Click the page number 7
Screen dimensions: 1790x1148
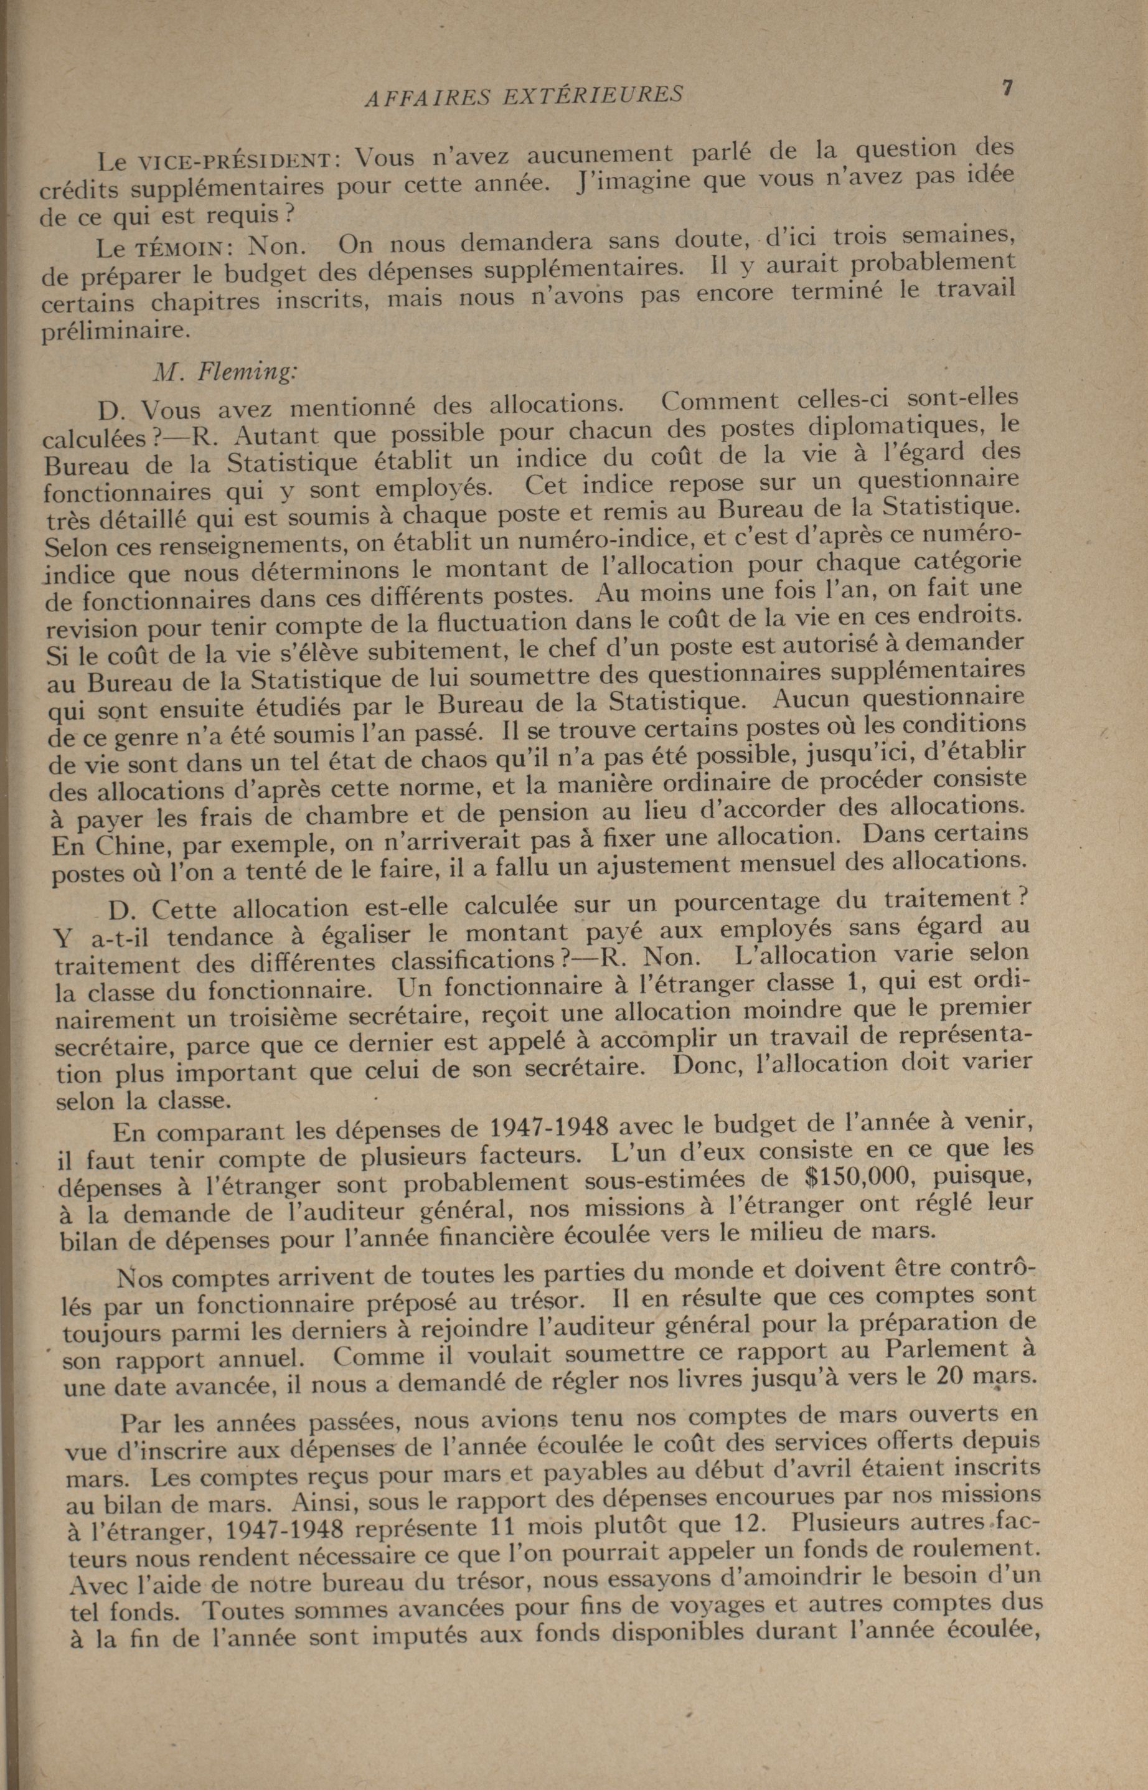click(1006, 88)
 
